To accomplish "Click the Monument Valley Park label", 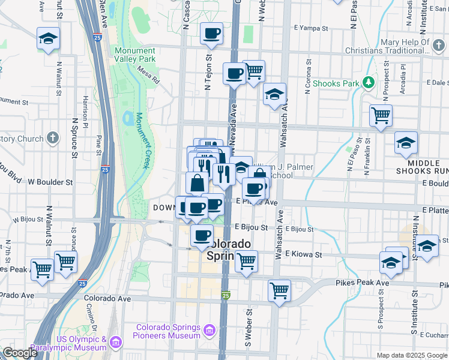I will [x=135, y=55].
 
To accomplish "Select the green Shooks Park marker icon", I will [x=368, y=83].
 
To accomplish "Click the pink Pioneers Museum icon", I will [x=209, y=330].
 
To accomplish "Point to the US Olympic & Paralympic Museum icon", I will [x=115, y=343].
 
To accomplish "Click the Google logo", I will [x=19, y=353].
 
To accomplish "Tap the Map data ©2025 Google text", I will [x=411, y=355].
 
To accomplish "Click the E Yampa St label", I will [x=311, y=28].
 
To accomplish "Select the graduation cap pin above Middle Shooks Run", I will [x=406, y=143].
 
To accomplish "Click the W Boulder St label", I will [x=50, y=181].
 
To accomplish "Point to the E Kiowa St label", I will [x=304, y=254].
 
